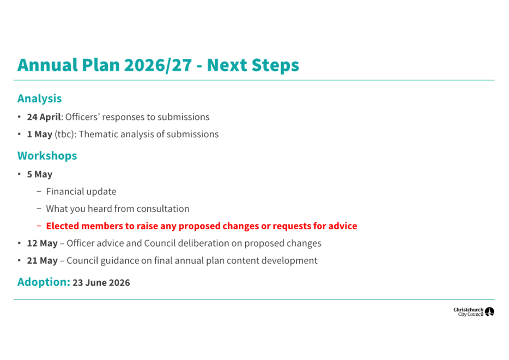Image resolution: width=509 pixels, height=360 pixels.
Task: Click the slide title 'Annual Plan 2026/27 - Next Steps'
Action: pyautogui.click(x=158, y=65)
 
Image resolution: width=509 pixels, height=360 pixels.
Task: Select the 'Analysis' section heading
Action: pyautogui.click(x=39, y=99)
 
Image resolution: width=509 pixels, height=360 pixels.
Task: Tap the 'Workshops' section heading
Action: pyautogui.click(x=47, y=156)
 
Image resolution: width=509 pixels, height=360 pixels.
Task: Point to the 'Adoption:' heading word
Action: pyautogui.click(x=44, y=282)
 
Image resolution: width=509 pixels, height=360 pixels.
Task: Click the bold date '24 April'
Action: pyautogui.click(x=44, y=117)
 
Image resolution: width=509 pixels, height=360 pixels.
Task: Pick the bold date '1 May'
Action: pyautogui.click(x=40, y=135)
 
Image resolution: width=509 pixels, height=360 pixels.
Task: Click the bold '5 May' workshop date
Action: pyautogui.click(x=40, y=174)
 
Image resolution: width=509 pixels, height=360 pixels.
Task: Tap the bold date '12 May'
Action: pyautogui.click(x=42, y=243)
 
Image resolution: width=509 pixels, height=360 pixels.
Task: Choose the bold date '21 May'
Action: pyautogui.click(x=42, y=261)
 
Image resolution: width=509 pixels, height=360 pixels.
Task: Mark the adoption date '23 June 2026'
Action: pyautogui.click(x=101, y=283)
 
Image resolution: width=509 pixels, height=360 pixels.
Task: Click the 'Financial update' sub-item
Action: pyautogui.click(x=81, y=192)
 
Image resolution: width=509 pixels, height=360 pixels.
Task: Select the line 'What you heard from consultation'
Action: pyautogui.click(x=118, y=209)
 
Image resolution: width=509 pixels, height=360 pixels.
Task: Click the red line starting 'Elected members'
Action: pyautogui.click(x=202, y=226)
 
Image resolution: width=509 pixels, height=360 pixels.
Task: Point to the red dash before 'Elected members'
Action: pyautogui.click(x=39, y=226)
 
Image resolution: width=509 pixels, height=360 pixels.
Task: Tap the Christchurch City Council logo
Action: pyautogui.click(x=474, y=312)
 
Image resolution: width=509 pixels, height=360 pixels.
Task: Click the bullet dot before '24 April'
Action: pyautogui.click(x=20, y=117)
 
